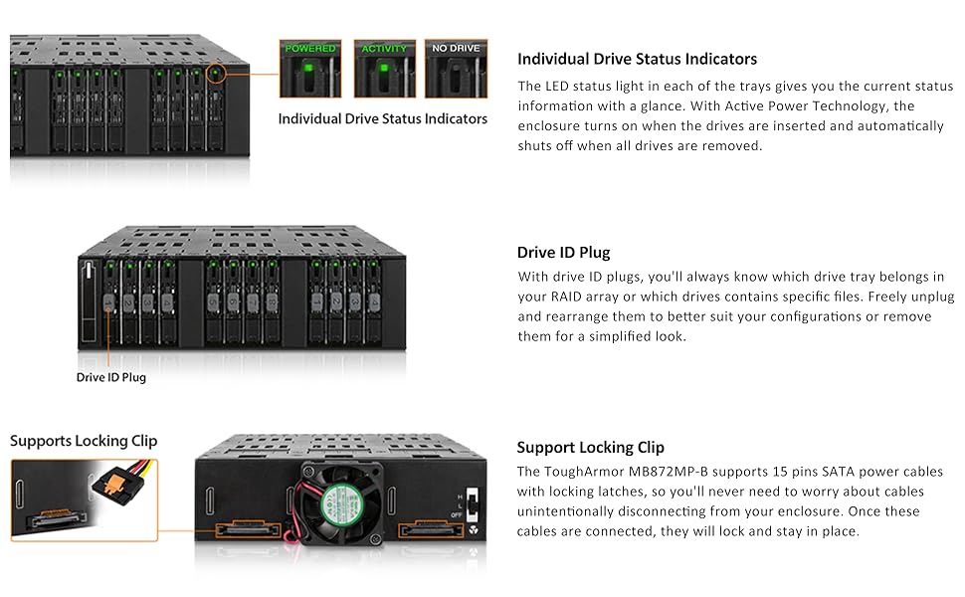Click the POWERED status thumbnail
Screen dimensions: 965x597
point(310,69)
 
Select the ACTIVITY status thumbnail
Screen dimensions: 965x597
point(384,69)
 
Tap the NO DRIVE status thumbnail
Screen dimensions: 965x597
point(457,69)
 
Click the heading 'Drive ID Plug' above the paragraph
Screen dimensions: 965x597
point(563,253)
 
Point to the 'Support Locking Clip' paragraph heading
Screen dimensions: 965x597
point(590,448)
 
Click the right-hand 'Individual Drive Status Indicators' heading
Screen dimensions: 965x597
point(637,59)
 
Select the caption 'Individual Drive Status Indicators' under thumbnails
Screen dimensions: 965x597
point(383,119)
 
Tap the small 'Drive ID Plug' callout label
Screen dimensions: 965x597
point(111,378)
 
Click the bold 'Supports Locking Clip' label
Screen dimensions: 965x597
point(84,441)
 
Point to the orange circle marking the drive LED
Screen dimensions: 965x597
point(215,73)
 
